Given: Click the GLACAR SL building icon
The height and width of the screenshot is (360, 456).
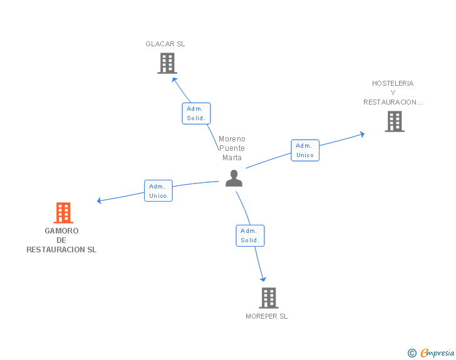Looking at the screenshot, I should pos(167,63).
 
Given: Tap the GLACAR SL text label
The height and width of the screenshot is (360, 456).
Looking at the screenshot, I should pos(165,44).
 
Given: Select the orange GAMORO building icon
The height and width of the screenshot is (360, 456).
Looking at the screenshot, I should pos(63,213).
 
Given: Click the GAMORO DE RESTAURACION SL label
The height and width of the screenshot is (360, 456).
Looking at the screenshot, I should pos(61,240).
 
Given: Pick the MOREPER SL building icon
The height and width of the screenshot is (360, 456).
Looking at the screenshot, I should pos(268,298).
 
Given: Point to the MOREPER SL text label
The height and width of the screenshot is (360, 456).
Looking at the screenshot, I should pos(266,316).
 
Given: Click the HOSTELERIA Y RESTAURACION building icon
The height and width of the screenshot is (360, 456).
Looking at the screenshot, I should pos(394,121).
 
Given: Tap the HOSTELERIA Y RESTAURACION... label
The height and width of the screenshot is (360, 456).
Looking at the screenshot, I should pos(393,93).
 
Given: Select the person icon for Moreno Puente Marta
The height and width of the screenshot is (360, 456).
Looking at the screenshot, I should pos(234,178).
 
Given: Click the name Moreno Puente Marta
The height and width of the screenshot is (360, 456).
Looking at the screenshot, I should pos(232,148).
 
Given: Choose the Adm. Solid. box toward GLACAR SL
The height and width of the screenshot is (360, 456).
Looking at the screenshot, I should pos(196,113).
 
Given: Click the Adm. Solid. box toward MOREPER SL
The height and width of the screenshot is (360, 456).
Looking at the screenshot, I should pos(250,235).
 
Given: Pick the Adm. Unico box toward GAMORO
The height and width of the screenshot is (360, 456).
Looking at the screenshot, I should pos(158,191).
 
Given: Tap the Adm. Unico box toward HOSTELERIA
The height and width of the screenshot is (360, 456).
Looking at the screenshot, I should pos(305,150).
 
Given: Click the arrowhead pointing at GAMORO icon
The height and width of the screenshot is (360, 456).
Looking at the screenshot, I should pos(100,201).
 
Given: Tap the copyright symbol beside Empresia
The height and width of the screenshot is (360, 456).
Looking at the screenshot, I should pos(412,353).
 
